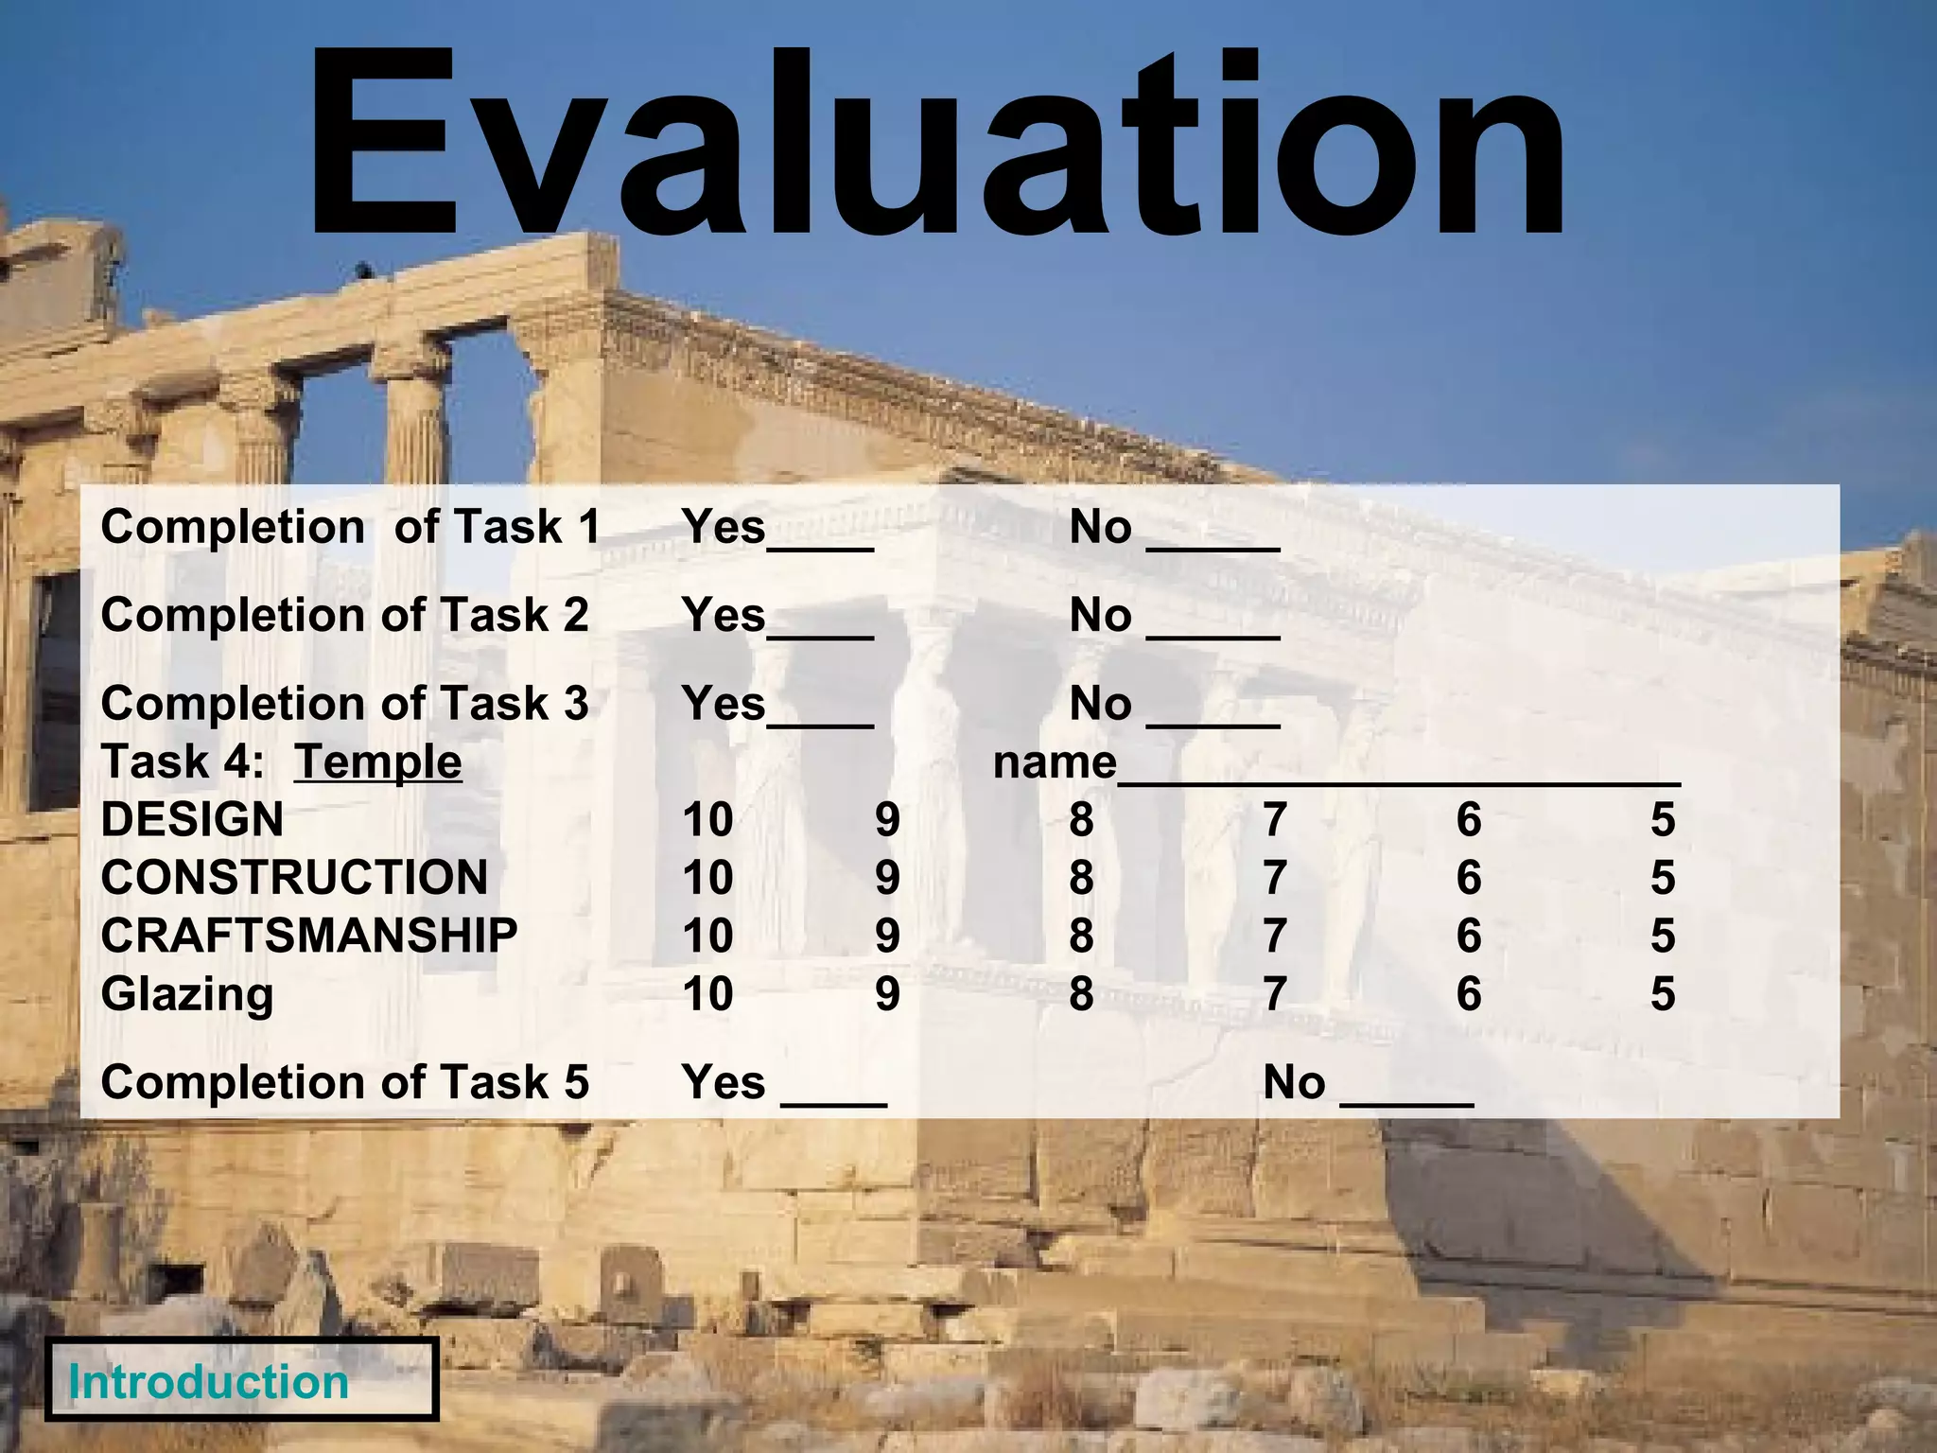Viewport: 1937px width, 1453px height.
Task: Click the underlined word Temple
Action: [x=377, y=762]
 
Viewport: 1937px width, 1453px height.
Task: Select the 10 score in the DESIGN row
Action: [x=707, y=820]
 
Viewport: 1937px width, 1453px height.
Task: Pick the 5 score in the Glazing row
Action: [x=1662, y=994]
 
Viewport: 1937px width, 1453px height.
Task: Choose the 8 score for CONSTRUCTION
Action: [x=1081, y=878]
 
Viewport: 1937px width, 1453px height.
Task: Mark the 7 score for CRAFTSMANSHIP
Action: [x=1275, y=937]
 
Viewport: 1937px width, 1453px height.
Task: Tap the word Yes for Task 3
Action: [x=724, y=705]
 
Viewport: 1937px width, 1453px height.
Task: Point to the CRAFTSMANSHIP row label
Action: [x=309, y=937]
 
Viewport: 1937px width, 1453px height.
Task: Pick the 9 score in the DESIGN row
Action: [x=887, y=820]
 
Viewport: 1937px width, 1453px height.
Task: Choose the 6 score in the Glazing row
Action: [x=1468, y=994]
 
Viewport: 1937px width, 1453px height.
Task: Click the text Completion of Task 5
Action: [x=345, y=1083]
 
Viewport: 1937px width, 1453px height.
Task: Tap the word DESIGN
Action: [x=192, y=820]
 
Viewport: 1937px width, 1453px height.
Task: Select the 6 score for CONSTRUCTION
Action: [x=1468, y=878]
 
